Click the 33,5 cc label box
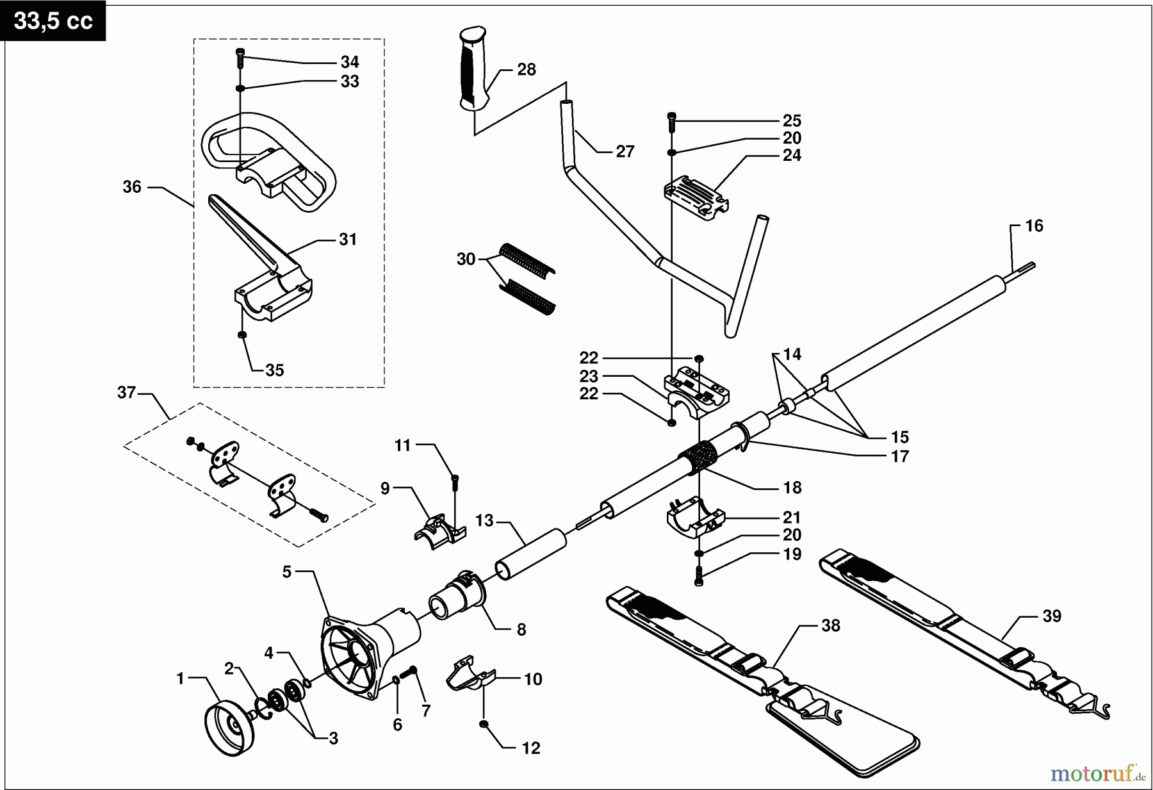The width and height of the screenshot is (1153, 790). pyautogui.click(x=53, y=21)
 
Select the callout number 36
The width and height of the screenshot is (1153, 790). pyautogui.click(x=132, y=187)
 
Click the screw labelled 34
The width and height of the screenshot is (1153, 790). pyautogui.click(x=240, y=58)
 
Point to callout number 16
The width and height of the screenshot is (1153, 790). pyautogui.click(x=1034, y=226)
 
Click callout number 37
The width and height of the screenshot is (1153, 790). pyautogui.click(x=126, y=392)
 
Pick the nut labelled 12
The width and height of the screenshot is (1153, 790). pyautogui.click(x=485, y=724)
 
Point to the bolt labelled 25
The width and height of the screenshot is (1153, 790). pyautogui.click(x=671, y=120)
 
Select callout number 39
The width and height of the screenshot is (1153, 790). pyautogui.click(x=1052, y=616)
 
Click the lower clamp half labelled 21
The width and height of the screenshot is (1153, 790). pyautogui.click(x=695, y=518)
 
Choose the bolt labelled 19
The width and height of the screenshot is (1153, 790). pyautogui.click(x=698, y=577)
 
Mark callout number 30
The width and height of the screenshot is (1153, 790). pyautogui.click(x=466, y=259)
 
